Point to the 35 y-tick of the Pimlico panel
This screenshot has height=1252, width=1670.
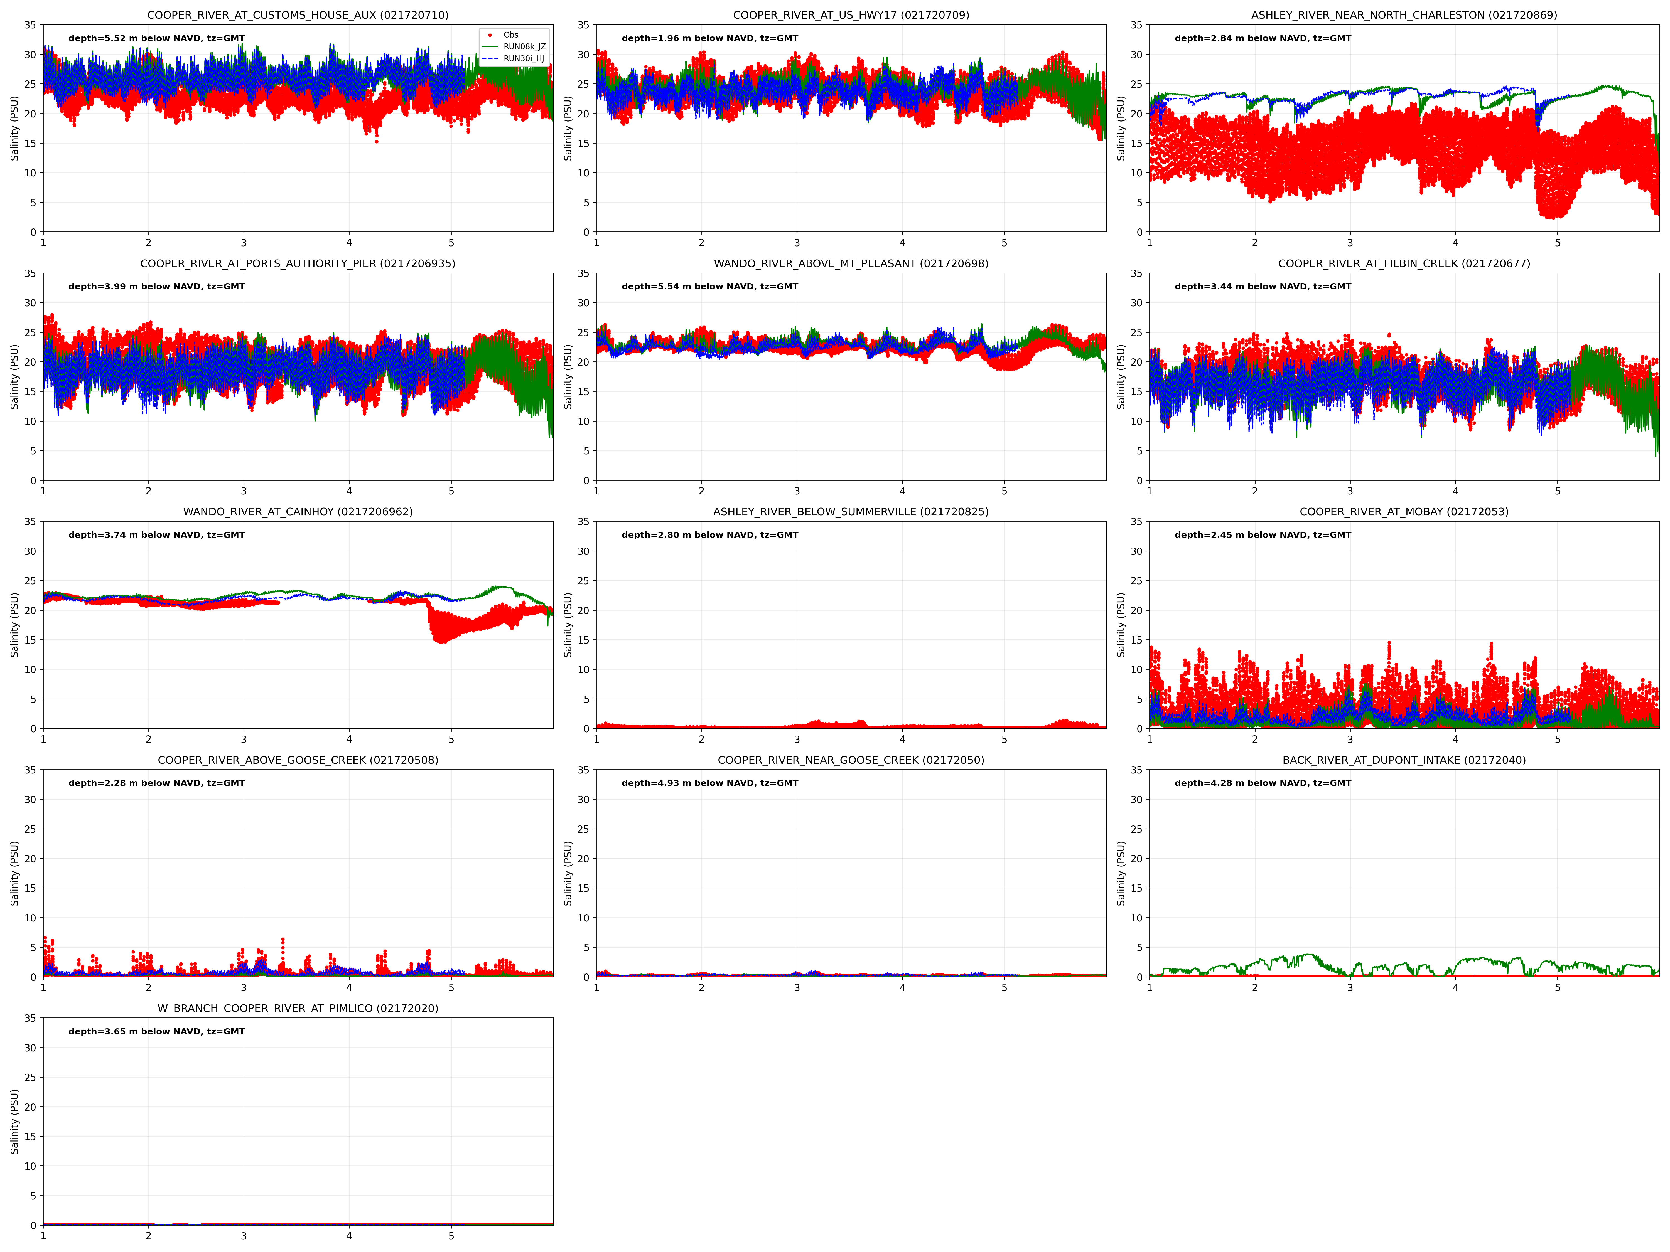pos(30,1018)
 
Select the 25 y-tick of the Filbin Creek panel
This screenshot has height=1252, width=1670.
pos(1136,332)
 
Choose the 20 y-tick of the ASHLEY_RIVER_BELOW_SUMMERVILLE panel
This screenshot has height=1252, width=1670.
pos(583,610)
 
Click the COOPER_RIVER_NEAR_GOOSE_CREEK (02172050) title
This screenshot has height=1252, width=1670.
pos(851,760)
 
